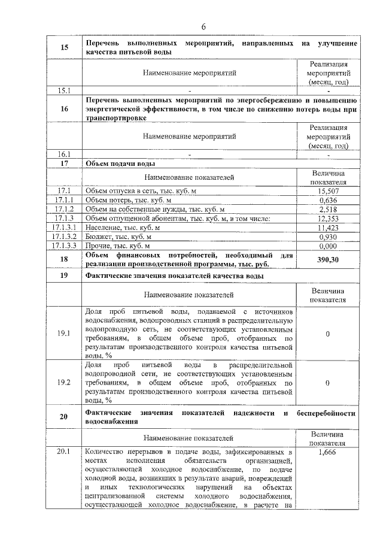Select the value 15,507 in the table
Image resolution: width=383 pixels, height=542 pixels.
coord(327,190)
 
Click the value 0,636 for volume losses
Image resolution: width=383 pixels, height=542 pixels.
coord(327,200)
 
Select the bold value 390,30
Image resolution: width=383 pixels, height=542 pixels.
coord(327,259)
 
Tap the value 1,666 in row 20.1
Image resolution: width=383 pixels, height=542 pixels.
coord(327,452)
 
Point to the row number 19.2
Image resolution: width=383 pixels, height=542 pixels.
coord(63,381)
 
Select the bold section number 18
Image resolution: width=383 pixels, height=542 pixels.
coord(63,259)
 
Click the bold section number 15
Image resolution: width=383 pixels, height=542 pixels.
coord(63,48)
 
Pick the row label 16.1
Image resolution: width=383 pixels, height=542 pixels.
coord(63,154)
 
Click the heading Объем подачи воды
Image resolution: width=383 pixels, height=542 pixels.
coord(121,163)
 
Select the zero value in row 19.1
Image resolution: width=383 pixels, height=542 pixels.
coord(327,334)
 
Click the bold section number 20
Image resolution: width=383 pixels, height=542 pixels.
coord(63,417)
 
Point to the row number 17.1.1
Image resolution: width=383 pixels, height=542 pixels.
coord(63,200)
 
